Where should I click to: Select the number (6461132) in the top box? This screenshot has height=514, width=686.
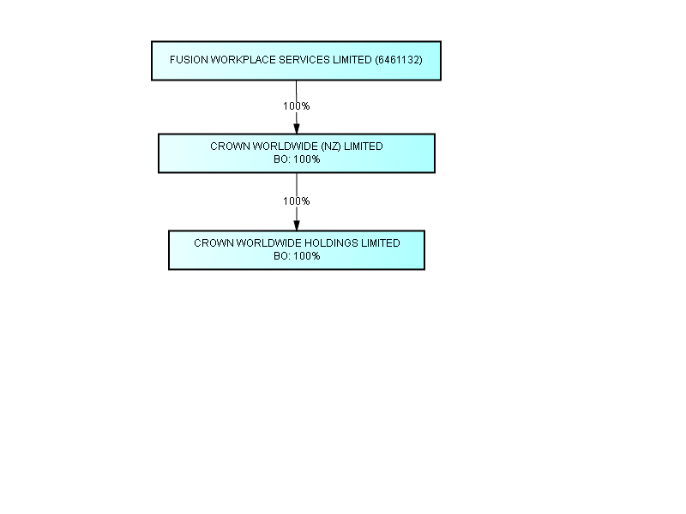(x=399, y=60)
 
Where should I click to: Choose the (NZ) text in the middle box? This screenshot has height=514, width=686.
(x=331, y=146)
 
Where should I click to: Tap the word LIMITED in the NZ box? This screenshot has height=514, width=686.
(x=363, y=146)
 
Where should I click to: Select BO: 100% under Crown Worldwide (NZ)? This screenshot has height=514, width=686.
(x=297, y=159)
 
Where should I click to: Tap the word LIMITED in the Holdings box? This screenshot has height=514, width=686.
(x=380, y=243)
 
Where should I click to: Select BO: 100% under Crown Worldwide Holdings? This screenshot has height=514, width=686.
(x=297, y=256)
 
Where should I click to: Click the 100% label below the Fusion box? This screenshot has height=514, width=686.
(x=296, y=106)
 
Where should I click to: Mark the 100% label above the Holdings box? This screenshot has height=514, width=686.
(x=296, y=201)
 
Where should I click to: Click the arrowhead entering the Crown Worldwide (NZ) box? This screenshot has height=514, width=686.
(x=297, y=129)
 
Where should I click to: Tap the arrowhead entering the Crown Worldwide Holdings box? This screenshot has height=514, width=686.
(x=297, y=225)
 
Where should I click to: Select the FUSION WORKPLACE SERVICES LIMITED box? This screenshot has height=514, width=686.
(x=296, y=61)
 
